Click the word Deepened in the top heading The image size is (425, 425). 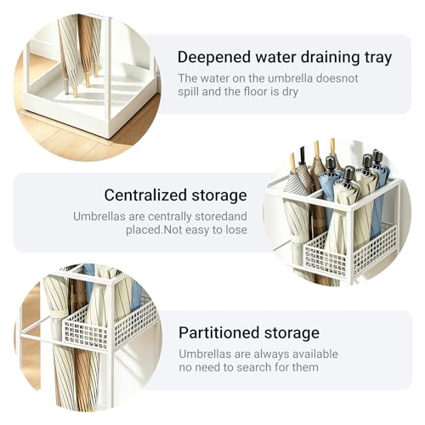tap(214, 58)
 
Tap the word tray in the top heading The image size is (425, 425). tap(378, 59)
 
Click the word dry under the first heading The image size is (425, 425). tap(290, 93)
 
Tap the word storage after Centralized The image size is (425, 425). tap(219, 196)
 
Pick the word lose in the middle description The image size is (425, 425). tap(236, 229)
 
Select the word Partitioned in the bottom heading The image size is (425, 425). tap(219, 333)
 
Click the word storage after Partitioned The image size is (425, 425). tap(292, 334)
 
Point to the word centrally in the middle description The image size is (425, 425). tap(170, 217)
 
